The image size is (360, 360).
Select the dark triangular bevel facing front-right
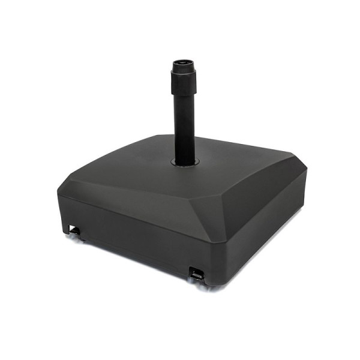click(240, 210)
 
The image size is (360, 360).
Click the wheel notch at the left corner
click(74, 230)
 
